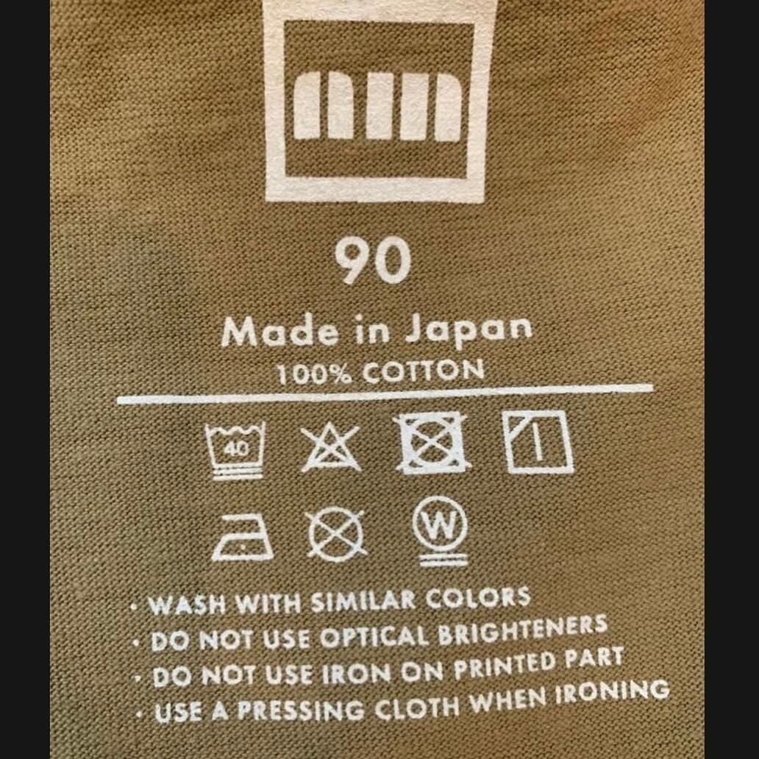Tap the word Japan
point(468,330)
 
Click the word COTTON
point(423,371)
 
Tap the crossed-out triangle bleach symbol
point(331,447)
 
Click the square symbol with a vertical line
point(538,441)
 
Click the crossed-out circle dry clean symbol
point(335,534)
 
